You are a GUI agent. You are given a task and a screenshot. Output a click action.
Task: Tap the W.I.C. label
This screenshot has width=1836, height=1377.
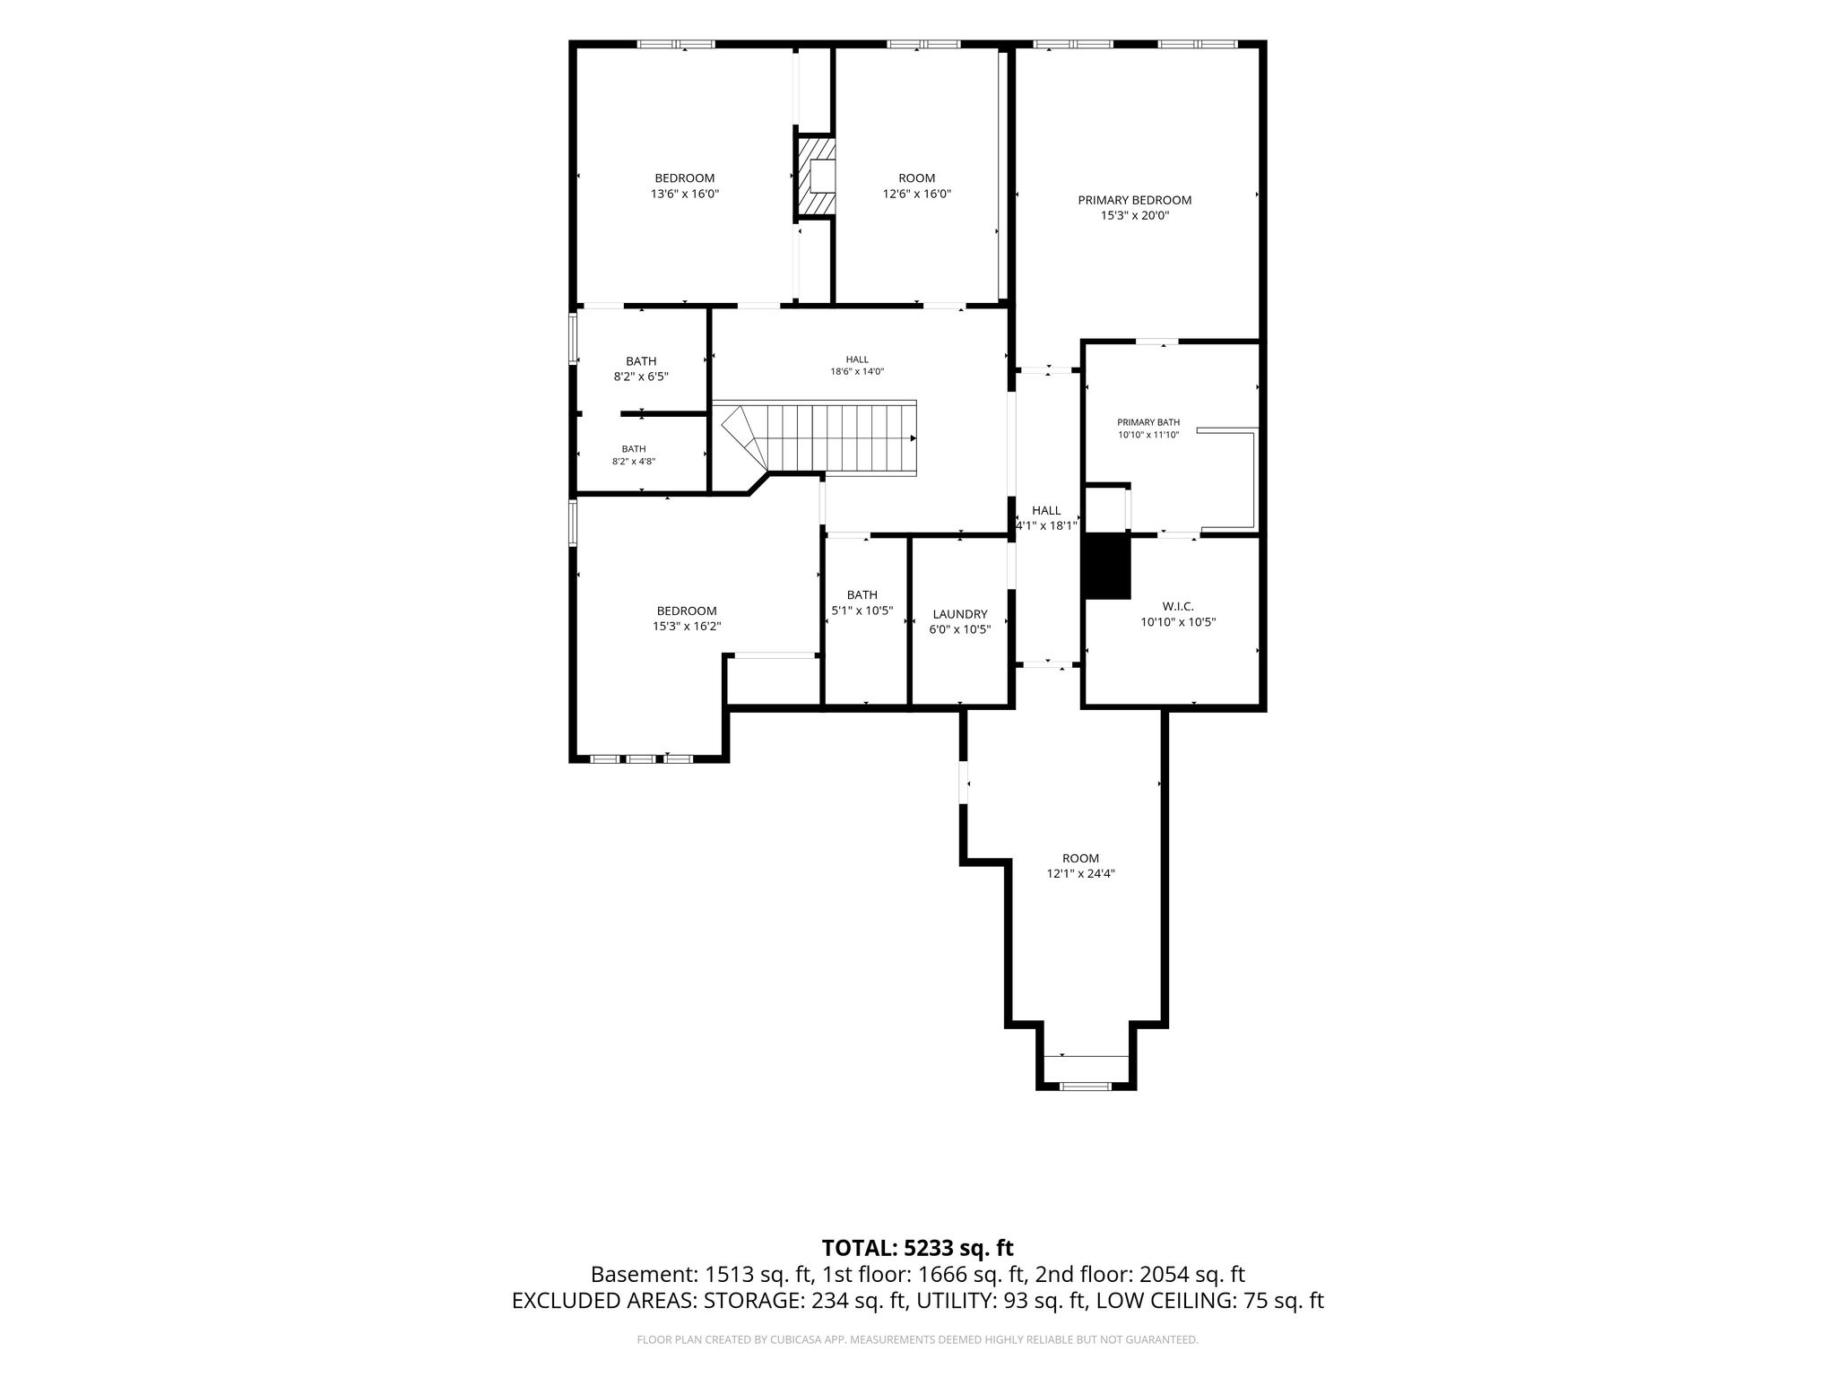(1179, 606)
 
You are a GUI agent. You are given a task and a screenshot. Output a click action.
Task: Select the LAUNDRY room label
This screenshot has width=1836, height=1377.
(960, 614)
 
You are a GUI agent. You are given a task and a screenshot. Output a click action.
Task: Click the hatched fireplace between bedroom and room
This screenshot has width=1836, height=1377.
(815, 176)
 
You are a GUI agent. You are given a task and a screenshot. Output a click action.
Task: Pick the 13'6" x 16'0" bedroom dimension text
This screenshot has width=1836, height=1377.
(685, 194)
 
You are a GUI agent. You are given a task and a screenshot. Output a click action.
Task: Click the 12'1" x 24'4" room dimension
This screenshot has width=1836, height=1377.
(1080, 873)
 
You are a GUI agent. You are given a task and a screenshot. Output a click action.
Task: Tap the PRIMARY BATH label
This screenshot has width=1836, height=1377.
(1148, 422)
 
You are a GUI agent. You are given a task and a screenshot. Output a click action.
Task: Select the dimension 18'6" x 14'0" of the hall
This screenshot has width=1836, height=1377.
(857, 371)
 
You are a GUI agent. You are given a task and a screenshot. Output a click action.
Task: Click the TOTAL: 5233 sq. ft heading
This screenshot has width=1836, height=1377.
(917, 1248)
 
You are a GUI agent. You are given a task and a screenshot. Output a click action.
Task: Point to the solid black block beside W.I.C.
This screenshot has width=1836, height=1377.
(1108, 566)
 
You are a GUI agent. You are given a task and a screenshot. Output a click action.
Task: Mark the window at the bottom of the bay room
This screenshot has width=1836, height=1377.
(1086, 1087)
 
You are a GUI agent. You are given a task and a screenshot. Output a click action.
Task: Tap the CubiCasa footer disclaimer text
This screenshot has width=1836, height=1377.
(917, 1340)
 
